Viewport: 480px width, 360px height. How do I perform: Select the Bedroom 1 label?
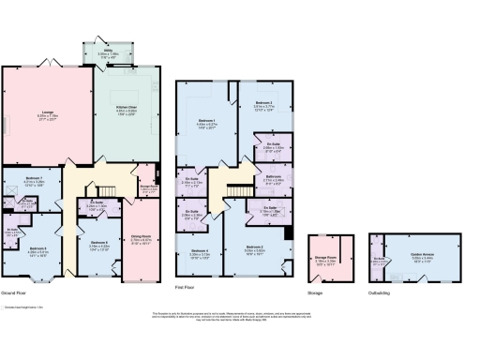(206, 122)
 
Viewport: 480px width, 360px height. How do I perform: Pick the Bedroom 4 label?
(199, 251)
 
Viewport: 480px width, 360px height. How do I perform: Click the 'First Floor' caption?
(186, 286)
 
